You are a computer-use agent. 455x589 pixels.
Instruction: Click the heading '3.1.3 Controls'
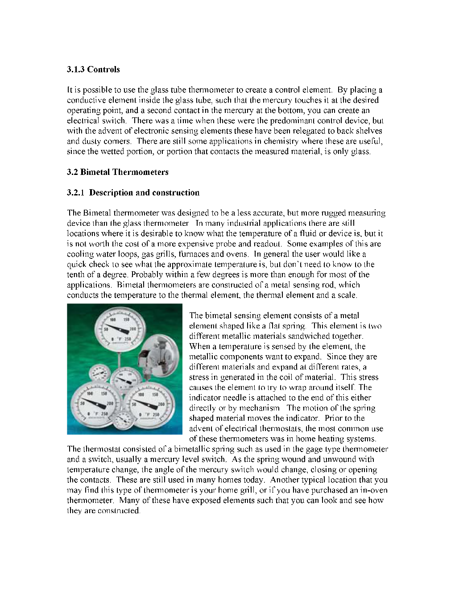pos(93,69)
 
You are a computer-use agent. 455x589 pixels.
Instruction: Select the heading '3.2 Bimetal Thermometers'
pos(118,172)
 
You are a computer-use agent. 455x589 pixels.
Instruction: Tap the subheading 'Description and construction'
pos(144,192)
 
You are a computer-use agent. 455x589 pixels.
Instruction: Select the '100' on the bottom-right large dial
pos(141,394)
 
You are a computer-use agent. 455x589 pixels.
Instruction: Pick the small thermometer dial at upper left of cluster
pos(99,373)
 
